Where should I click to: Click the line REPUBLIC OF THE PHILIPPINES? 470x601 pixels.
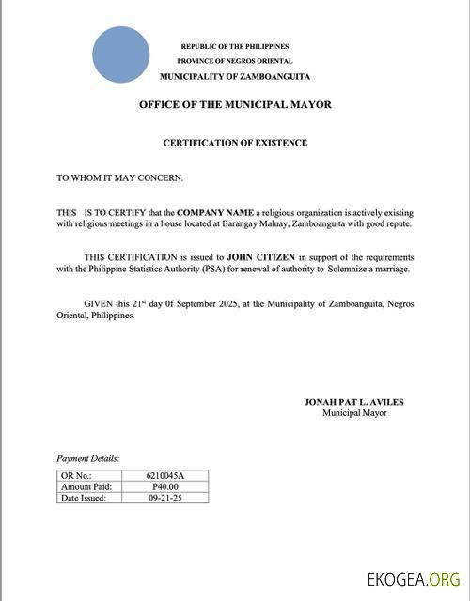235,46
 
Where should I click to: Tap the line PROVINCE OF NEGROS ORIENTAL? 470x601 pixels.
235,60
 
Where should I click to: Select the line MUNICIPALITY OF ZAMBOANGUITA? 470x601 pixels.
235,76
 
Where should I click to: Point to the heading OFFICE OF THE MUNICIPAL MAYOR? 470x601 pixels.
235,105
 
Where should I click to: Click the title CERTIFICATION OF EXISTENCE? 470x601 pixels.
235,143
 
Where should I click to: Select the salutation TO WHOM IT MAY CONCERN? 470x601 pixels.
120,177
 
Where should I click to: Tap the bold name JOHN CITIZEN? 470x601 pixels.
261,257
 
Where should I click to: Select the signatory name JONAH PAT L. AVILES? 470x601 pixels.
353,402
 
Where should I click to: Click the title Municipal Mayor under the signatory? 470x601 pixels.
354,413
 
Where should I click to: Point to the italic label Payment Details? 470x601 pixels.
88,458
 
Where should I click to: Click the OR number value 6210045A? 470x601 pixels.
165,477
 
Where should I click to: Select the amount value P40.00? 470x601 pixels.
165,487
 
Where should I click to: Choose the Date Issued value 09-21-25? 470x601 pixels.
165,498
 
